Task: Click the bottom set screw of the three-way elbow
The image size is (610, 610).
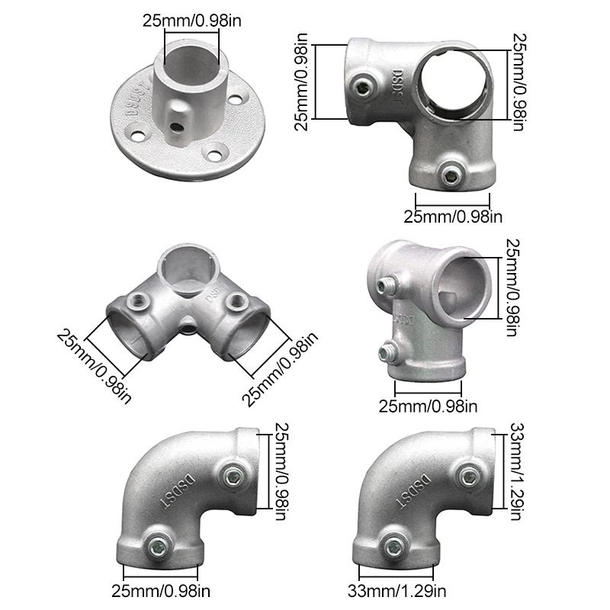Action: pos(451,176)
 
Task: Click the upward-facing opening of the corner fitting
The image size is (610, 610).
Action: pos(185,271)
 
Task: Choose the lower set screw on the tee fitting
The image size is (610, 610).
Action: pos(387,352)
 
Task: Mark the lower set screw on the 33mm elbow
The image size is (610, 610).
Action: pos(394,544)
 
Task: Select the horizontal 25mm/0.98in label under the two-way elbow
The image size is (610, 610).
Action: pos(162,590)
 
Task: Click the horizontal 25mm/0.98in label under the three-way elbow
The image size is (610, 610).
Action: pos(452,217)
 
